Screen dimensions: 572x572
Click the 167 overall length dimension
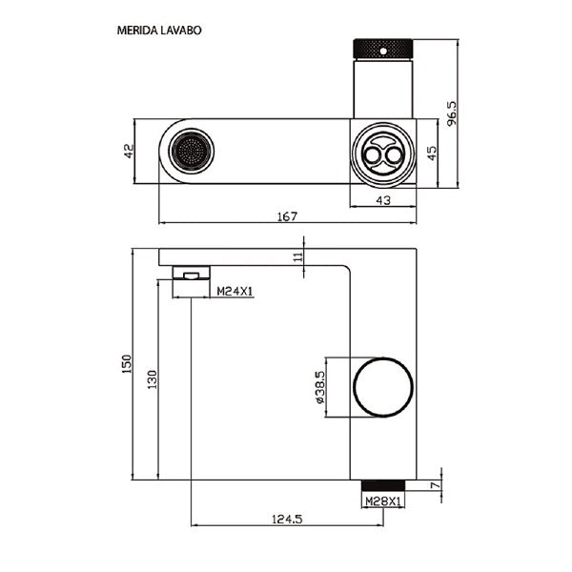coord(288,216)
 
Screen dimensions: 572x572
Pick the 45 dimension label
coord(432,152)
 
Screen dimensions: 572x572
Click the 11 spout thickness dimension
coord(298,255)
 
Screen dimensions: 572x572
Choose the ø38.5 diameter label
coord(323,389)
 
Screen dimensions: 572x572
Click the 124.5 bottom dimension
coord(286,520)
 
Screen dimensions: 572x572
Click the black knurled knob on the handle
coord(384,47)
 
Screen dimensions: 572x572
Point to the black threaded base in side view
coord(384,483)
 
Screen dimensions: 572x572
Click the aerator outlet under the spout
coord(191,275)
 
